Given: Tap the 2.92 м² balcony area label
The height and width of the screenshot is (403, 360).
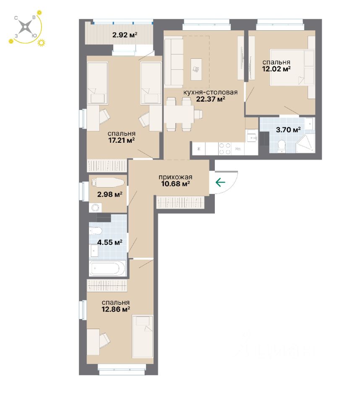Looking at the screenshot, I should (x=125, y=35).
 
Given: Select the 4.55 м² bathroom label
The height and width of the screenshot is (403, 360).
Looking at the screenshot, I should (x=110, y=242).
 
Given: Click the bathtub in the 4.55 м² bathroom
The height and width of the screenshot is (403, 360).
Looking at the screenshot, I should (x=107, y=268).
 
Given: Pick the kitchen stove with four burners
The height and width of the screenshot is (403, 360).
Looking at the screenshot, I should (x=225, y=148).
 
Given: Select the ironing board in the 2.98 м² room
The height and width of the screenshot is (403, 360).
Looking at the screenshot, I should (x=107, y=183).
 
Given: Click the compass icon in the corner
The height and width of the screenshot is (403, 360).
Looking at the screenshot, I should (x=26, y=28).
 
